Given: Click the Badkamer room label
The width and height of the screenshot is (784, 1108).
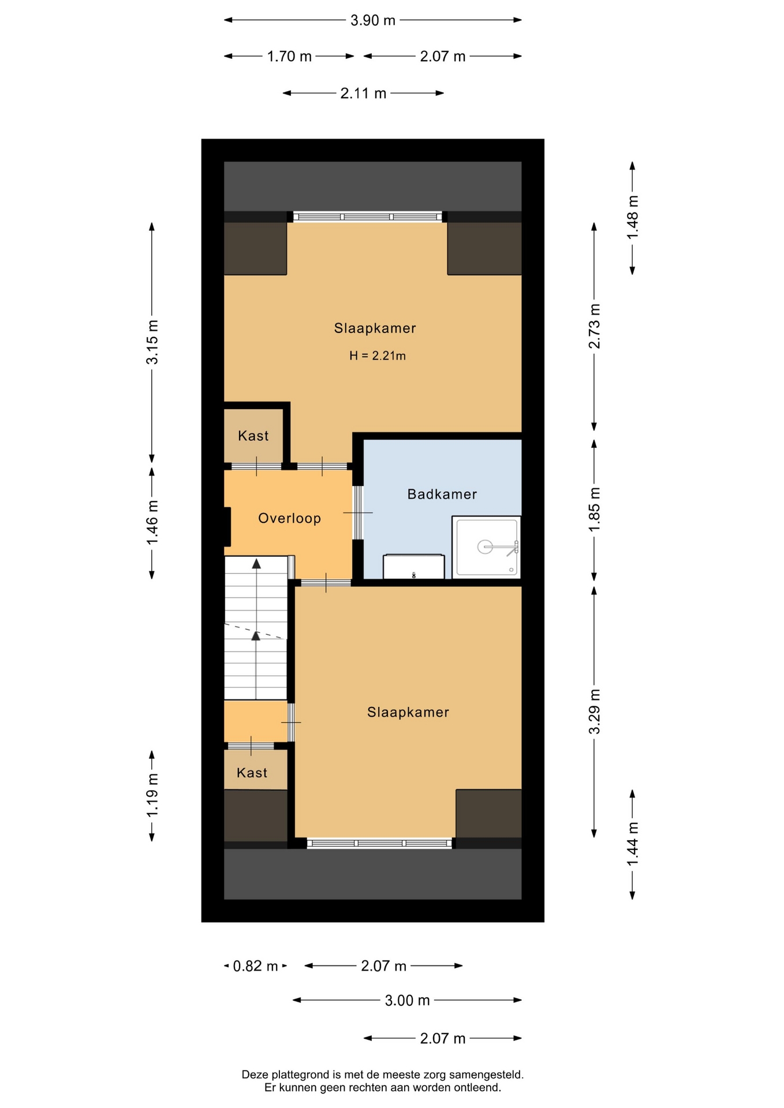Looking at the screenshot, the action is point(442,494).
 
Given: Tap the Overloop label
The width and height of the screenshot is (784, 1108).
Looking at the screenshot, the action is point(289,518).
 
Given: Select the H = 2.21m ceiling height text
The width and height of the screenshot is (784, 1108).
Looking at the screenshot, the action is point(378,355).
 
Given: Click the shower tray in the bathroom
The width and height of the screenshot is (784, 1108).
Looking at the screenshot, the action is point(486,546).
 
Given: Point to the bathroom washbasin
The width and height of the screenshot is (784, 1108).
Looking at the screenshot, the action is point(414,566).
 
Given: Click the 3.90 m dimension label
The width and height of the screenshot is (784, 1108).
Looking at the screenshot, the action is point(373,20).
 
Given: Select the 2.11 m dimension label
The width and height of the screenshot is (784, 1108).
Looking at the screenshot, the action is point(363,93).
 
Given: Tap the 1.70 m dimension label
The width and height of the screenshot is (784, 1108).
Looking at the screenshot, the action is point(289,57).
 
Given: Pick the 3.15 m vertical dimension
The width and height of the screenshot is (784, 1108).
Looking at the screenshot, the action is point(152,342).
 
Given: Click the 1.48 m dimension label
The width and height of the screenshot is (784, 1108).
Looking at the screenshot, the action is point(633,217).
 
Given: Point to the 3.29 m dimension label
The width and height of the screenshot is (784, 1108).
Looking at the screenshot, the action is point(594,712).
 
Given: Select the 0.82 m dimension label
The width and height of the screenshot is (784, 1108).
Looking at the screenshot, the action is point(255,966).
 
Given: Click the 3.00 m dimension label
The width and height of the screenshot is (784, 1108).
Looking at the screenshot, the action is point(407,1000).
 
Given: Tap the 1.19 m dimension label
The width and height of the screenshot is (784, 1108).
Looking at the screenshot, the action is point(152,795).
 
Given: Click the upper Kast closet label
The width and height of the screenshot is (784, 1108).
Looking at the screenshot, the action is point(253,436).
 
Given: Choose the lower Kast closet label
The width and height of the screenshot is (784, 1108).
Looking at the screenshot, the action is point(252,773).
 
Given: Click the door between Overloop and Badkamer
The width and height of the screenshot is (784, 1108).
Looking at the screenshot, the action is point(358,512).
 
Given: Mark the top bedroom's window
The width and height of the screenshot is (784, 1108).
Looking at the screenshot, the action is point(367,217).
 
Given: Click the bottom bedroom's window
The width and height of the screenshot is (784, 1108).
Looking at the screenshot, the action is point(379,843).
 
